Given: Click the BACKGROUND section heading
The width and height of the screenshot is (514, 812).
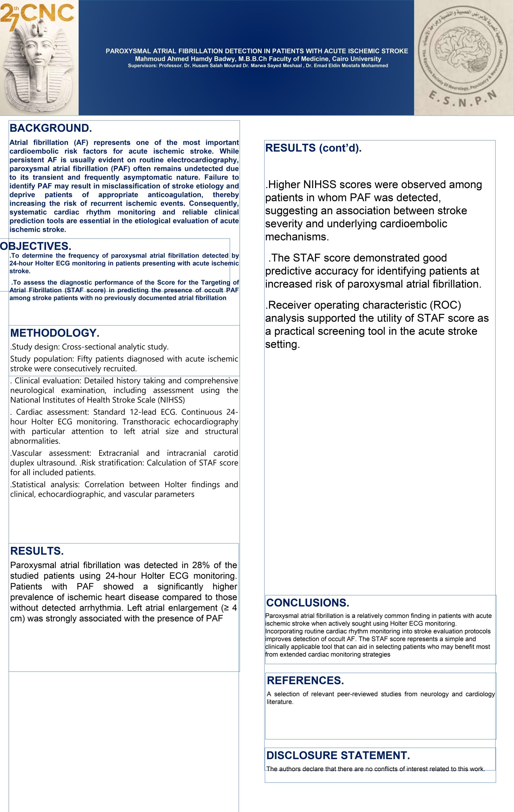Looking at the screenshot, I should [50, 128].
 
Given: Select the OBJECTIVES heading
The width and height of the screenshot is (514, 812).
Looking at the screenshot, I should [36, 246].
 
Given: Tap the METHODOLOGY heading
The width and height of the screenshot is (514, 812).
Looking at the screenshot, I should [55, 333].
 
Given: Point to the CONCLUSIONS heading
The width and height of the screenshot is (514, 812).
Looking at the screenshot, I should [307, 603].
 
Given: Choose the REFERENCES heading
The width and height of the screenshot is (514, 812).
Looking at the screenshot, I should [305, 680].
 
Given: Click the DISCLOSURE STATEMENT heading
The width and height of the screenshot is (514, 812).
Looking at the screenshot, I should [338, 755].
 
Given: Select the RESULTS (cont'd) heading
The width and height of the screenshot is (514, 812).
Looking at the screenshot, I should [313, 148].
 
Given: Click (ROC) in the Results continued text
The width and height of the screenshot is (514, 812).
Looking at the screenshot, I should [445, 305].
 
